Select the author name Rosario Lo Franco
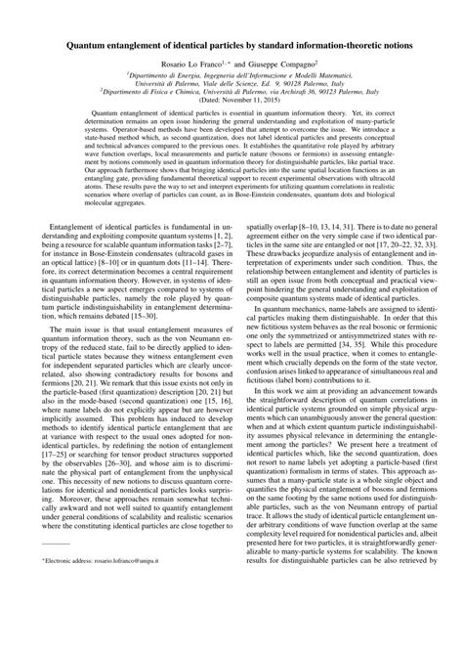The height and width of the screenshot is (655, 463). point(183,65)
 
